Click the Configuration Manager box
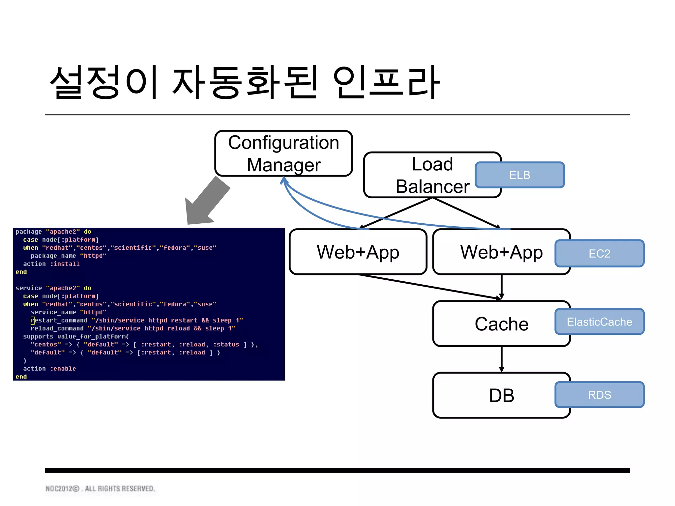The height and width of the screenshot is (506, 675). point(283,154)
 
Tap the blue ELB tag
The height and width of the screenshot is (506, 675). point(519,175)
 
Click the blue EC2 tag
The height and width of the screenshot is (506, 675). point(599,253)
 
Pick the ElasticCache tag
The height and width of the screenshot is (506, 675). point(599,322)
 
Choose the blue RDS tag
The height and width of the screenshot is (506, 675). point(599,395)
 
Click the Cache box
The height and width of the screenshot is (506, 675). point(501,324)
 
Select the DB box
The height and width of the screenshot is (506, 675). point(501,395)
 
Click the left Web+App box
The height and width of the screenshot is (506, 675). point(358,252)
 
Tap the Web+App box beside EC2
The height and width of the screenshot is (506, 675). point(501,252)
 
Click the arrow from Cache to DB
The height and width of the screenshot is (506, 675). point(502,359)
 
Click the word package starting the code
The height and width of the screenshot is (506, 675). point(29,232)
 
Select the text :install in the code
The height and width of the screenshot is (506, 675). point(65,264)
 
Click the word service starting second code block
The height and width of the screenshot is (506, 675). point(29,288)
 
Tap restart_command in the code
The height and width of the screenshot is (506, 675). point(59,320)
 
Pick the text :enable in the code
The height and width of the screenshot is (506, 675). point(63,369)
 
